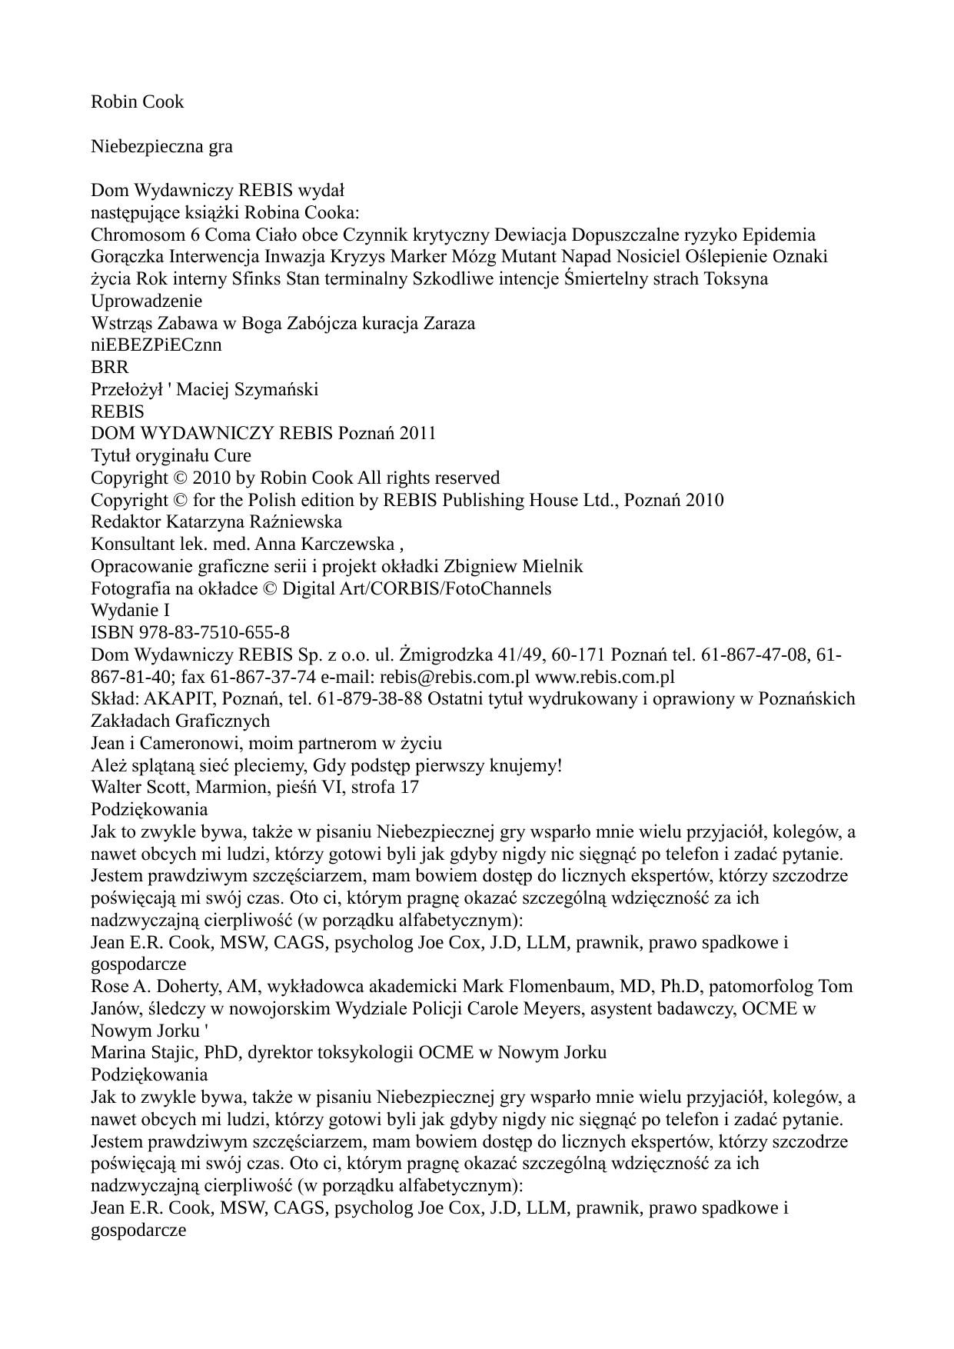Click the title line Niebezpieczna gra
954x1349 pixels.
point(161,146)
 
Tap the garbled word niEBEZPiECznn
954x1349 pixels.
point(156,345)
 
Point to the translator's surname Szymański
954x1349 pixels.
point(280,389)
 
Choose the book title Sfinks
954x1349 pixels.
point(257,278)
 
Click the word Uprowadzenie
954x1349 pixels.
point(146,301)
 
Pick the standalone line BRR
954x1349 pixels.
point(110,367)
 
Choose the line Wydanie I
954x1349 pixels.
point(131,610)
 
